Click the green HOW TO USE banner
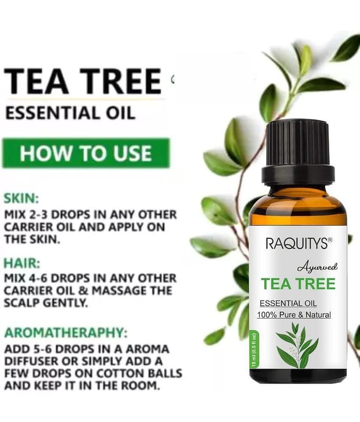tap(86, 153)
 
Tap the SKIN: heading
tap(21, 199)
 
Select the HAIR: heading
tap(22, 263)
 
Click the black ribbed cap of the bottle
tap(298, 151)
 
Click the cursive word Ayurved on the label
tap(317, 267)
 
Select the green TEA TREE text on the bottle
tap(298, 284)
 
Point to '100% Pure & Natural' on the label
tap(294, 314)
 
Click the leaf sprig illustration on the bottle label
tap(297, 346)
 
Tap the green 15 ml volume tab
tap(254, 350)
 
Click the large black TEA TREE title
tap(83, 81)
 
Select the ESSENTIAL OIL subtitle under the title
tap(70, 113)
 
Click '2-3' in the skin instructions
tap(37, 215)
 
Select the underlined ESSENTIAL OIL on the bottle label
tap(288, 303)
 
